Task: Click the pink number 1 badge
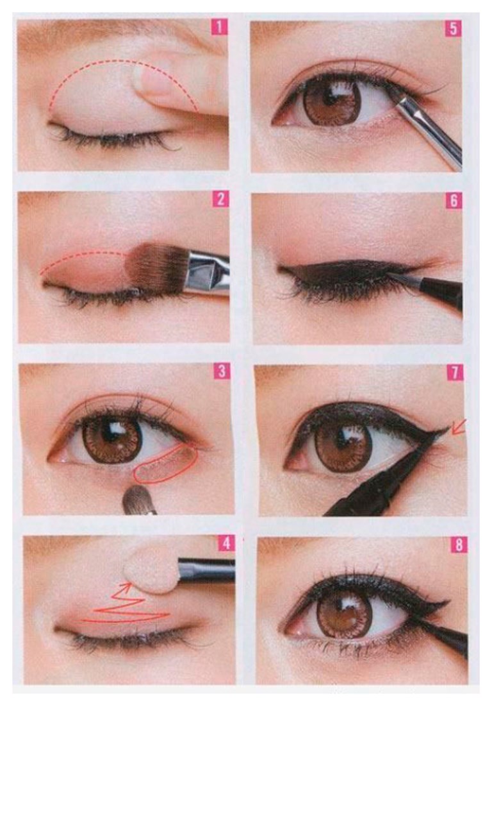(x=219, y=27)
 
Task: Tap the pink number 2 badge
(x=221, y=199)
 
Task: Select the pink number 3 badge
(x=222, y=371)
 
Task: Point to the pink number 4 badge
(x=226, y=543)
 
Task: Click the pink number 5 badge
(x=453, y=29)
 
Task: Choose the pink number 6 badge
(x=454, y=201)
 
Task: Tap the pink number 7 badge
(x=455, y=373)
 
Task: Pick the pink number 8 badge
(x=459, y=545)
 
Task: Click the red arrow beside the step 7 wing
(x=458, y=427)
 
